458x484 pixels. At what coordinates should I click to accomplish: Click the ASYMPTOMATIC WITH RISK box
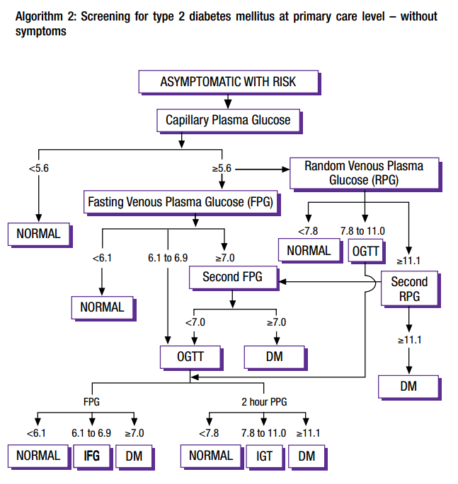[228, 82]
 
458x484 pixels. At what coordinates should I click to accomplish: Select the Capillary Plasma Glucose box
[228, 120]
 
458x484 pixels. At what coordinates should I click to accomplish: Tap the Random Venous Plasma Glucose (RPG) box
[364, 173]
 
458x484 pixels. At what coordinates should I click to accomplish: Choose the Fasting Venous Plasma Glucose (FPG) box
[180, 202]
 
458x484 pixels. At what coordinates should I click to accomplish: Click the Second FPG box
[231, 277]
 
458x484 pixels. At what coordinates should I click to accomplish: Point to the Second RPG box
[408, 289]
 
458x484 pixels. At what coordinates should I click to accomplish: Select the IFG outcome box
[91, 456]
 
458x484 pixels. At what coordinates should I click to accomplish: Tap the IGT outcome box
[265, 456]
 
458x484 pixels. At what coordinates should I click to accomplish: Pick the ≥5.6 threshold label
[222, 169]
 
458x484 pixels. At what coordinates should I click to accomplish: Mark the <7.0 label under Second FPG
[195, 322]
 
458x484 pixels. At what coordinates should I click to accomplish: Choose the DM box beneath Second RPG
[408, 386]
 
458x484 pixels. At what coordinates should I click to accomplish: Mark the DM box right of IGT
[307, 456]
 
